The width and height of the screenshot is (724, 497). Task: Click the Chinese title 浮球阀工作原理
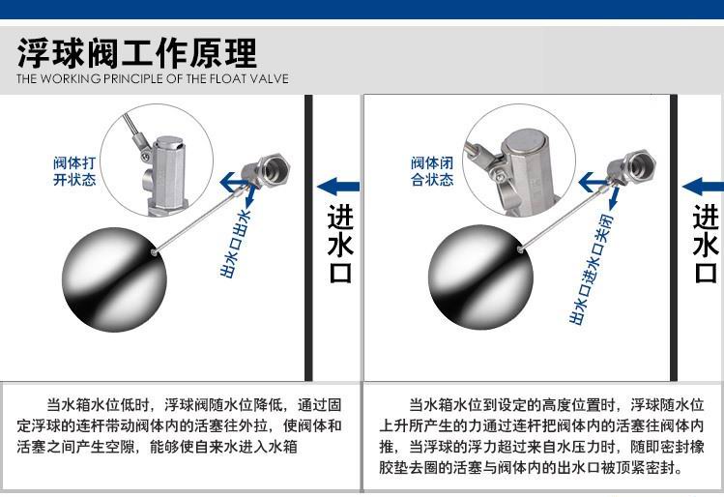[136, 53]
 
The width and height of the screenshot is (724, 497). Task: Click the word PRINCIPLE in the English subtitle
[133, 78]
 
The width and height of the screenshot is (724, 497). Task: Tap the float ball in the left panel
[114, 279]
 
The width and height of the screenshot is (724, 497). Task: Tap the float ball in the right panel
[480, 278]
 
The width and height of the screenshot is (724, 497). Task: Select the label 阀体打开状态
[74, 171]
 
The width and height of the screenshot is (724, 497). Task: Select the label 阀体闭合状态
[432, 171]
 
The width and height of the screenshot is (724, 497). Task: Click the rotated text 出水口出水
[236, 244]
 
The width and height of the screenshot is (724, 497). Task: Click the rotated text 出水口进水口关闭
[592, 269]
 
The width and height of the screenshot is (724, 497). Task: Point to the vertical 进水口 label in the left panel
[341, 244]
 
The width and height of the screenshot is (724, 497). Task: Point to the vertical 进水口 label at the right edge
[707, 244]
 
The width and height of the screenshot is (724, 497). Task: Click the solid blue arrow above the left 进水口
[338, 187]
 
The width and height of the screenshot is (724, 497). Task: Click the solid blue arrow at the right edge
[703, 187]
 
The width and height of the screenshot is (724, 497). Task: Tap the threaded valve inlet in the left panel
[274, 168]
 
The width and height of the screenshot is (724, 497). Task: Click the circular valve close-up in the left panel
[157, 160]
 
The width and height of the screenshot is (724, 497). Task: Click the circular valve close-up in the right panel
[519, 160]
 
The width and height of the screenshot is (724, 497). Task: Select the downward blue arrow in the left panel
[249, 196]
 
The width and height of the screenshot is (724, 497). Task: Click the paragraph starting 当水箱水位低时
[180, 425]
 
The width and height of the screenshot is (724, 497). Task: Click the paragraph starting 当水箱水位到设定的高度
[541, 436]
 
